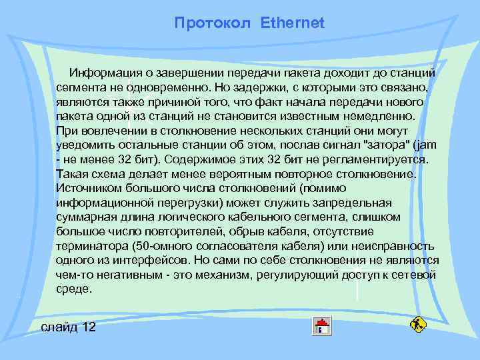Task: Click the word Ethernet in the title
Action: tap(293, 23)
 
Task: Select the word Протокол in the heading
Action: tap(212, 23)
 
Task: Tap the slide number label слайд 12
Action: tap(69, 327)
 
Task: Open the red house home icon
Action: tap(323, 326)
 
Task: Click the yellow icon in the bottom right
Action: tap(418, 325)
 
